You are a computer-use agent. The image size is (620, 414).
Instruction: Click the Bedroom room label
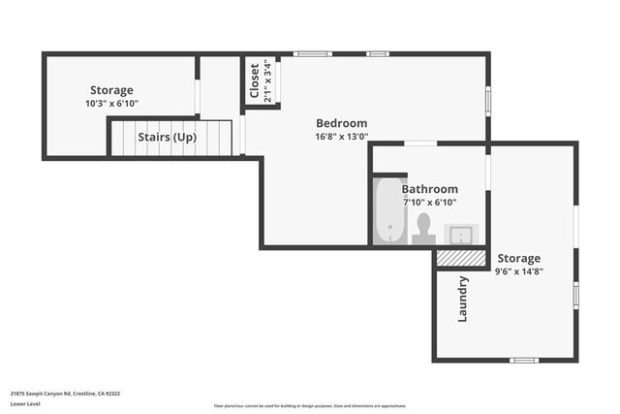click(x=342, y=123)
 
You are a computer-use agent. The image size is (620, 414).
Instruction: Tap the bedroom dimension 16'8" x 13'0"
click(x=342, y=137)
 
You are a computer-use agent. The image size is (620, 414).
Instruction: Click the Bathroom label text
click(x=429, y=189)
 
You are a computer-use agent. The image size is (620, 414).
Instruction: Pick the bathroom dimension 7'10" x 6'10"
click(x=429, y=203)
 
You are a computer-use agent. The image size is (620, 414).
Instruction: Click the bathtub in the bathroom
click(x=389, y=210)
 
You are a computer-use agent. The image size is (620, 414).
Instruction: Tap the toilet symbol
click(x=422, y=228)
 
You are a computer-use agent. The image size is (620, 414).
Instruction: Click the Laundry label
click(x=463, y=300)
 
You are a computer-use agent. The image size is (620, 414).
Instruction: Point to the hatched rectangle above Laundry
click(x=460, y=258)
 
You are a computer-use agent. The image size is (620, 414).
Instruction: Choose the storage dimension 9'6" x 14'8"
click(x=518, y=272)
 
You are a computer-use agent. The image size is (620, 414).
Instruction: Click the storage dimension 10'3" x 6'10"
click(x=111, y=103)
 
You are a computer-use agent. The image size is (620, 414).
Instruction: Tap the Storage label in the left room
click(x=111, y=90)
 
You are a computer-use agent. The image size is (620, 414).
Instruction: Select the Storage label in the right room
click(x=518, y=259)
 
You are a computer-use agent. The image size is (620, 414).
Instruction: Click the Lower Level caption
click(x=26, y=403)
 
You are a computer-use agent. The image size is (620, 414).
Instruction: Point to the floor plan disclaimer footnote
click(x=309, y=406)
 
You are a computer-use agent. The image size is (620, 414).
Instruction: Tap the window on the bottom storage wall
click(x=524, y=361)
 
